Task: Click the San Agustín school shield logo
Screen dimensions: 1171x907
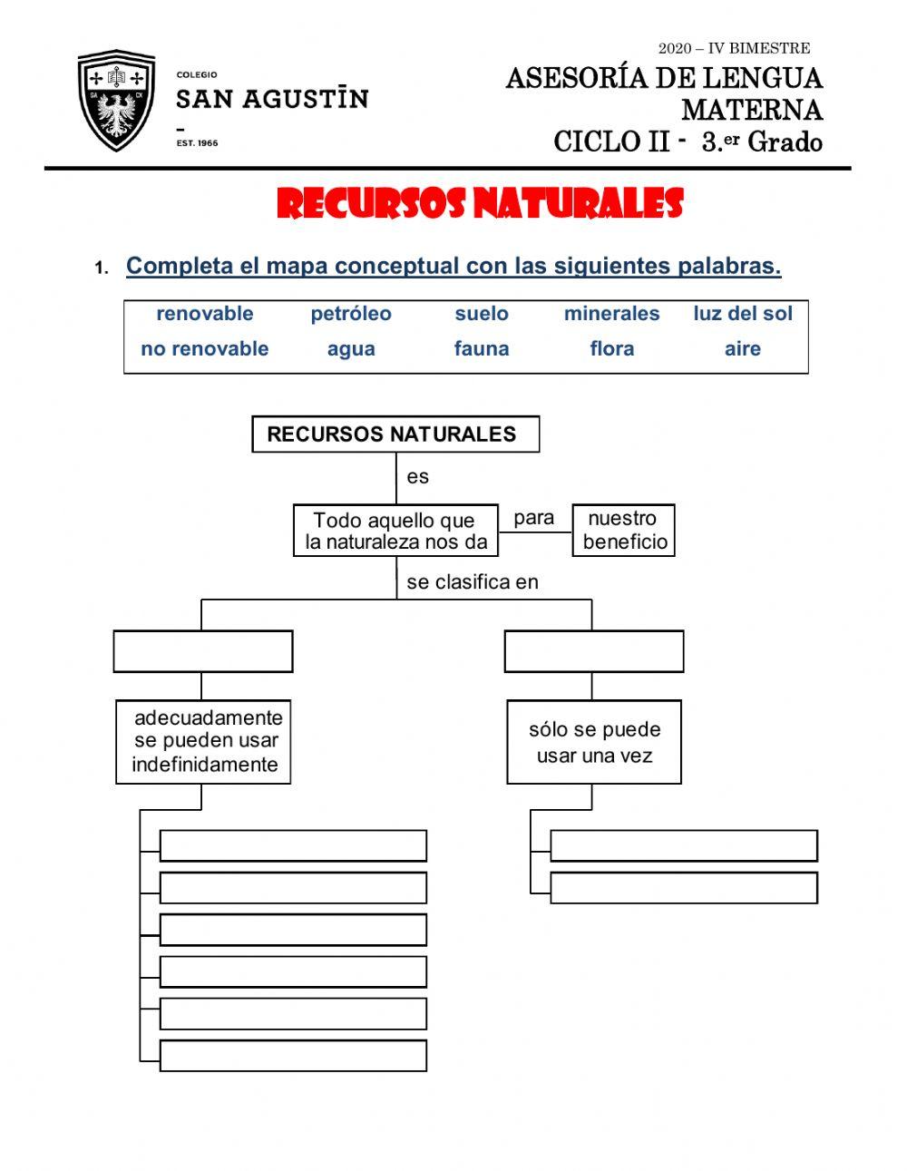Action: coord(116,102)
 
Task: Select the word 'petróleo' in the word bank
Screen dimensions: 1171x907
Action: coord(351,314)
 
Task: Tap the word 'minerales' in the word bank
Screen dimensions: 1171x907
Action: coord(611,314)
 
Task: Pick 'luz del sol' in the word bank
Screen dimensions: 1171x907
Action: coord(742,314)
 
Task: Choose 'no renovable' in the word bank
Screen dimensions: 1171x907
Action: coord(204,349)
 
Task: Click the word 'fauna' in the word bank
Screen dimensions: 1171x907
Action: coord(481,349)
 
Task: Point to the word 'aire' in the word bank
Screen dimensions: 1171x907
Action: coord(742,349)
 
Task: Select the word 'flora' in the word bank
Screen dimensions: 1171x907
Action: coord(611,349)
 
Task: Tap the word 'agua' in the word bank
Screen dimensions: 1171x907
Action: coord(351,349)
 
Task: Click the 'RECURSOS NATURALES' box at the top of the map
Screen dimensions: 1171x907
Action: coord(395,434)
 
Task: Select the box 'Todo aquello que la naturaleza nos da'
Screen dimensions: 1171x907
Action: coord(395,531)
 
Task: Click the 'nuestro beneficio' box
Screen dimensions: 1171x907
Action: coord(623,531)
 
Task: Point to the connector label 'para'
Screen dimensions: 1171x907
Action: coord(533,518)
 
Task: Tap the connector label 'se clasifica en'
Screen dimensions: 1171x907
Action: coord(472,582)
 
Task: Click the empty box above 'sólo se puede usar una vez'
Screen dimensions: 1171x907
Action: coord(593,651)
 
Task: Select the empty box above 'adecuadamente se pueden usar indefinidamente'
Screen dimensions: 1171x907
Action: coord(203,651)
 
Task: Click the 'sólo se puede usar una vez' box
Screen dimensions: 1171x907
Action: coord(593,742)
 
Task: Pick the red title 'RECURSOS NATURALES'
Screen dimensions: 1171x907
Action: coord(479,205)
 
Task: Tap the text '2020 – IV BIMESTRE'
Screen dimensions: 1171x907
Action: coord(734,48)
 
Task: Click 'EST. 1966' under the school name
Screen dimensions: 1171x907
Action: coord(197,143)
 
